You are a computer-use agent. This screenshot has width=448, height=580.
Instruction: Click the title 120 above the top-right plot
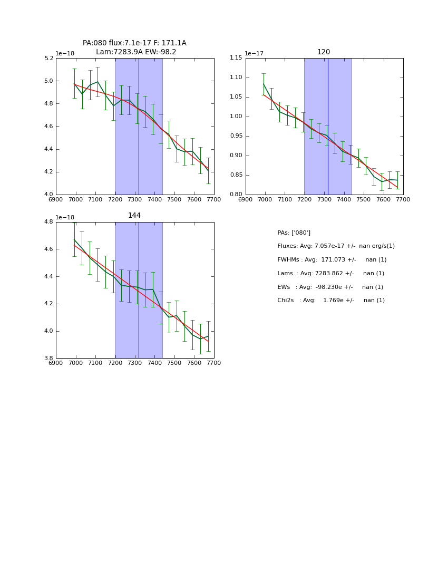coord(324,52)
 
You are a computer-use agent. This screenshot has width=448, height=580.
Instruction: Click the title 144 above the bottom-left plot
coord(134,216)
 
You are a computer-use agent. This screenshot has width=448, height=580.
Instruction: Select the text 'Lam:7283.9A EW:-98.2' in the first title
coord(136,52)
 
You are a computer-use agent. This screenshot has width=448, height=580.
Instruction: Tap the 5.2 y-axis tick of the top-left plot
coord(48,59)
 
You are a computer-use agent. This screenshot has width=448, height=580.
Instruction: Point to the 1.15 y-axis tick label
coord(236,59)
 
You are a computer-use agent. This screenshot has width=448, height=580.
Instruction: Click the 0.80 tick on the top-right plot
coord(236,195)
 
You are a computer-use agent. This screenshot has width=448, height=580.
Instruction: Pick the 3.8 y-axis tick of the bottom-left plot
coord(48,359)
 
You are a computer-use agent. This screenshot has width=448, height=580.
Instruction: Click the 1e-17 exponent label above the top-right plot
coord(254,54)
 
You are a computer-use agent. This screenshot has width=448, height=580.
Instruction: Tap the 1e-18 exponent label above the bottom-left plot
coord(65,217)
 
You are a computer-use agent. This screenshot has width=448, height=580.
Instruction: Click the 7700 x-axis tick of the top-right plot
coord(403,199)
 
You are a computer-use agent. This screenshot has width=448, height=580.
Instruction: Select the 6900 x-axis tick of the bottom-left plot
coord(56,363)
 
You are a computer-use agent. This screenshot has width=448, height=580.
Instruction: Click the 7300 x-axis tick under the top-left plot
coord(135,199)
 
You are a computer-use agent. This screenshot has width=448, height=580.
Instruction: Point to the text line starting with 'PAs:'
coord(294,233)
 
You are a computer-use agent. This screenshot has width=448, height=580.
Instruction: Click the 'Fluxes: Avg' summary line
coord(336,246)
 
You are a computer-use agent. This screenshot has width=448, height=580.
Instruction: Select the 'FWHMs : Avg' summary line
coord(332,260)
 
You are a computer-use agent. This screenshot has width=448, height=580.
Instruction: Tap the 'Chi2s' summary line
coord(331,301)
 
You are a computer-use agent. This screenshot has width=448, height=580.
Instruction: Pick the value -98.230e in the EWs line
coord(324,287)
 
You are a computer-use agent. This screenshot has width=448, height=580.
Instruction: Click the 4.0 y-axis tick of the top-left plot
coord(48,195)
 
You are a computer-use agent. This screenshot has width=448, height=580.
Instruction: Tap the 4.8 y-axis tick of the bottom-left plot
coord(48,222)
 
